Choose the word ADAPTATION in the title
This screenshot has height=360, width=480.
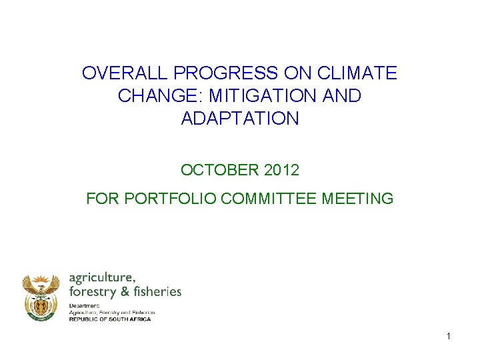click(x=240, y=119)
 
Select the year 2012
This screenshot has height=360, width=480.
click(x=281, y=170)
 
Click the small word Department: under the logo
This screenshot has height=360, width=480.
click(x=84, y=305)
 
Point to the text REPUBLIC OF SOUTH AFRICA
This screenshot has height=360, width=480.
click(x=110, y=319)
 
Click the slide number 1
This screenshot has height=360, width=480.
click(x=449, y=337)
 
